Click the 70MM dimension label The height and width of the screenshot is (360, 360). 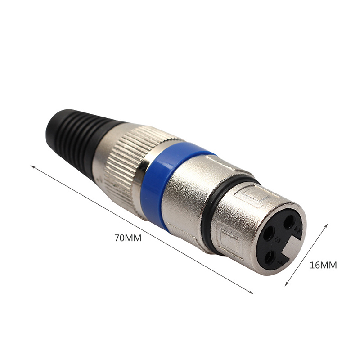[128, 238]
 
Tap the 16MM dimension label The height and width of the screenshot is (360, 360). [323, 265]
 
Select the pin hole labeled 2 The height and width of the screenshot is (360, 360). [289, 221]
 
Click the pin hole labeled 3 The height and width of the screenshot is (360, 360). [269, 233]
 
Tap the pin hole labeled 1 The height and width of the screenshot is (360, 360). [270, 257]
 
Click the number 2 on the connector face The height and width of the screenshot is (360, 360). [298, 230]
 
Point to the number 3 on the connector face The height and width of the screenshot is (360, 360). [278, 240]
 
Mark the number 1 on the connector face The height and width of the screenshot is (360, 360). [280, 262]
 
